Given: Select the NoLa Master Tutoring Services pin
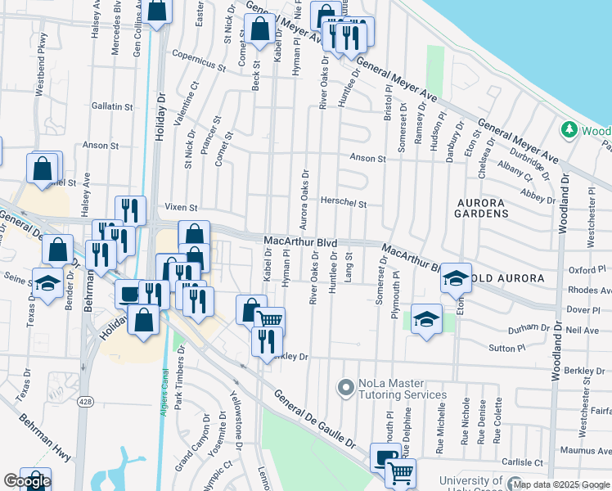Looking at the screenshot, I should pos(345,385).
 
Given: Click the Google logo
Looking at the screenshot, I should pos(26,481).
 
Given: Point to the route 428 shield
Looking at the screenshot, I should pos(83,401).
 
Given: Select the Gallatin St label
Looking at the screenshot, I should pos(112,106).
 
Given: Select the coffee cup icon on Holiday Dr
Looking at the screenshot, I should pos(129,292).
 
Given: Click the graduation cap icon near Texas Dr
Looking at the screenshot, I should pos(47,282).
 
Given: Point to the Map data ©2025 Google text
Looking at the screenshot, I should pos(560,484).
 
